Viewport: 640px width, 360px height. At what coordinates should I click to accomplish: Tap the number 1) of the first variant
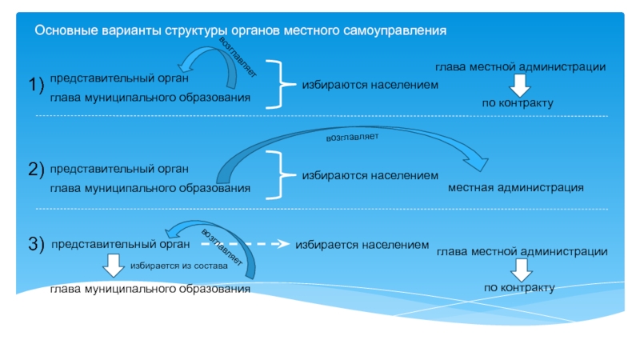pyautogui.click(x=36, y=85)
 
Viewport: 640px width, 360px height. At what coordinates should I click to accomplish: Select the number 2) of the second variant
pyautogui.click(x=36, y=169)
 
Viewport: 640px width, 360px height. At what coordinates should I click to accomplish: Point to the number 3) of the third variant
pyautogui.click(x=36, y=244)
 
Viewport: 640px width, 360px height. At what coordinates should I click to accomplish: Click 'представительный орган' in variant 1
pyautogui.click(x=119, y=78)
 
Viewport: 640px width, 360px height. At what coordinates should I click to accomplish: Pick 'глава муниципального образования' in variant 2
pyautogui.click(x=150, y=188)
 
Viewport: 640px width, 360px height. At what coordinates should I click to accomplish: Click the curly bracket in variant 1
pyautogui.click(x=281, y=85)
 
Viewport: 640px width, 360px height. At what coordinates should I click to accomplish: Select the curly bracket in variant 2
pyautogui.click(x=281, y=175)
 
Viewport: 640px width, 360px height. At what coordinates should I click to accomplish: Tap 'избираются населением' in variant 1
pyautogui.click(x=370, y=85)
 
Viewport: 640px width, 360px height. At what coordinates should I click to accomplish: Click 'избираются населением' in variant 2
pyautogui.click(x=370, y=175)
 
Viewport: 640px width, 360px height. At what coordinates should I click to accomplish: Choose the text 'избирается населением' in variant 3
pyautogui.click(x=362, y=245)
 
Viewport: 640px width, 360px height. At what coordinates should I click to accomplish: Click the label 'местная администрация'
pyautogui.click(x=516, y=188)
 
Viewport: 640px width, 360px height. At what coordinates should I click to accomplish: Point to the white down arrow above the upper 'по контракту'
pyautogui.click(x=519, y=86)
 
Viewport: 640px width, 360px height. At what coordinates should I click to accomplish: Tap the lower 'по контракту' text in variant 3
pyautogui.click(x=519, y=288)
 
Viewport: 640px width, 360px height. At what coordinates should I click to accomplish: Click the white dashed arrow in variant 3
pyautogui.click(x=245, y=244)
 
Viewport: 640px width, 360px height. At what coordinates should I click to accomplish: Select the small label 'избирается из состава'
pyautogui.click(x=178, y=266)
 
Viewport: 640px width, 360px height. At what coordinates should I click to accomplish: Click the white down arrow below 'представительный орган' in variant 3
pyautogui.click(x=113, y=266)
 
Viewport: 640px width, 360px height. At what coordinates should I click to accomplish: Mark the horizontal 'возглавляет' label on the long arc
pyautogui.click(x=352, y=138)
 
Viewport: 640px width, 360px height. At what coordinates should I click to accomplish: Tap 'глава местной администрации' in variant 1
pyautogui.click(x=521, y=67)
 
